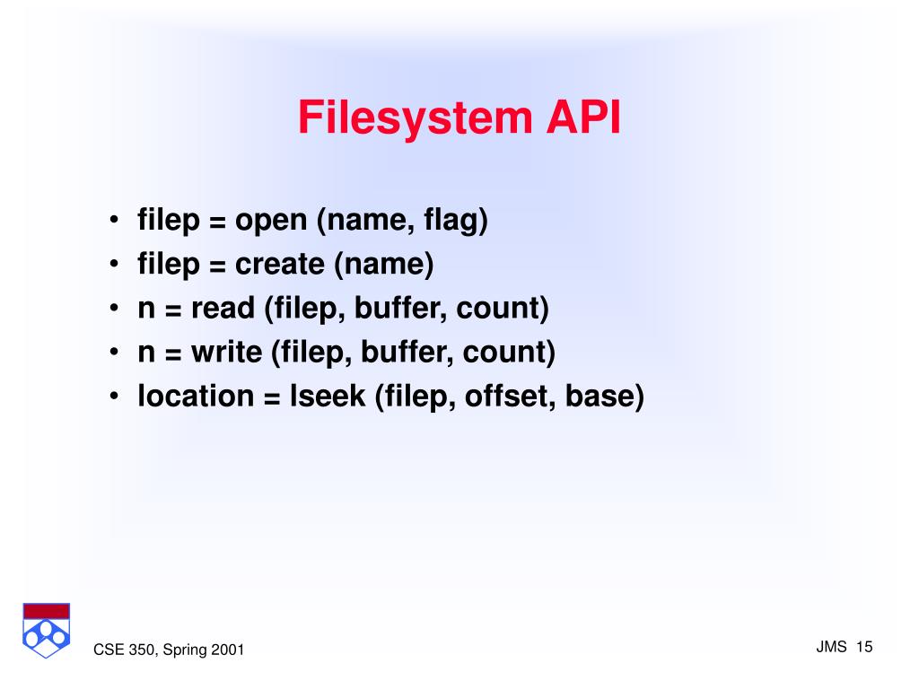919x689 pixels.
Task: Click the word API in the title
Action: pos(580,119)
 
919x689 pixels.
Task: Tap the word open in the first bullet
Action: pos(271,222)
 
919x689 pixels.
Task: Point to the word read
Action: pos(224,309)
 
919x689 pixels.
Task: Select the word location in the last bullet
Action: pos(196,396)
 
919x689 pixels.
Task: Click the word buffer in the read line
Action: pos(400,309)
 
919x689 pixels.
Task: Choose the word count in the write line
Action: pos(509,352)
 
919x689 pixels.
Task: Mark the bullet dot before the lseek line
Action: pos(117,397)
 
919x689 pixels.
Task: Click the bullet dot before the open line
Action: pos(117,222)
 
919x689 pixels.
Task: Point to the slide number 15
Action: pos(865,647)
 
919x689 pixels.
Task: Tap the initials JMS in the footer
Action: pos(832,647)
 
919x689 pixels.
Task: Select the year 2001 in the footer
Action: pos(228,650)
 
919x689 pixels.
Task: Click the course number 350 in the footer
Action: pos(137,650)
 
